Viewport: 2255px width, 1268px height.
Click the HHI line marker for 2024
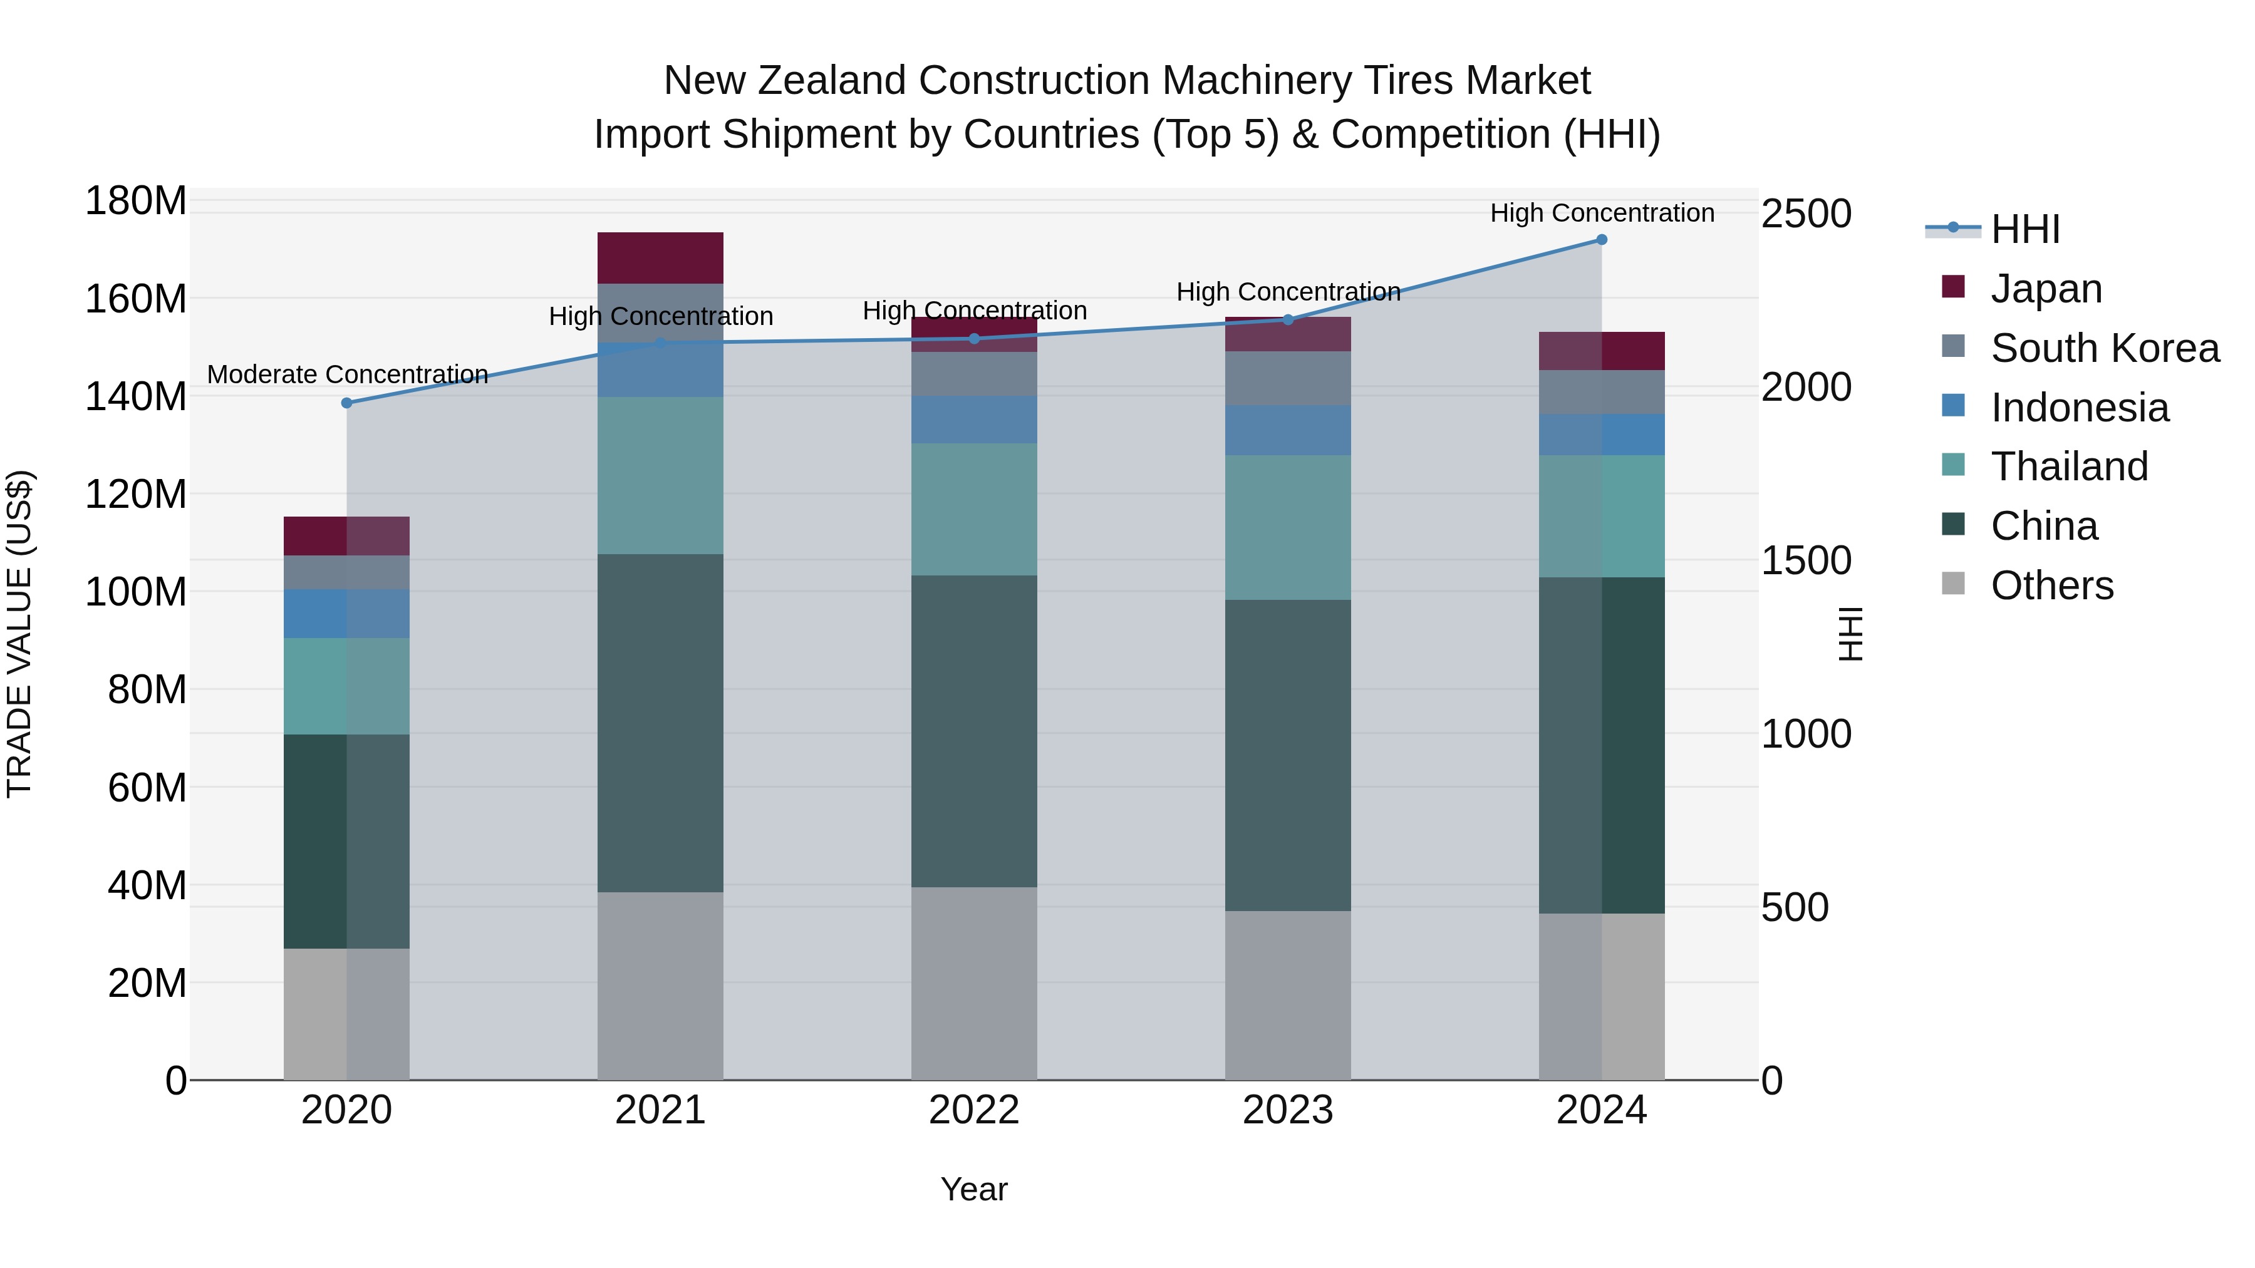point(1601,240)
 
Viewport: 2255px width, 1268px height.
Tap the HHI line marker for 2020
point(346,403)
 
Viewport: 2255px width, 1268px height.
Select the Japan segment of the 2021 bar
point(660,257)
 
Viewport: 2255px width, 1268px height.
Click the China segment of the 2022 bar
point(973,731)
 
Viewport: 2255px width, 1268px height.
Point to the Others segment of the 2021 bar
point(660,986)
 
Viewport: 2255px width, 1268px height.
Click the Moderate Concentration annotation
point(348,374)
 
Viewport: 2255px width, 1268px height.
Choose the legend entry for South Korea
point(2105,348)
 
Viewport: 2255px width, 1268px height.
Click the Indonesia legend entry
point(2079,408)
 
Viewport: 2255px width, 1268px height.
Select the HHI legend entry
point(2024,229)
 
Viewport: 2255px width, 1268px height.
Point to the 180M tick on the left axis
point(136,201)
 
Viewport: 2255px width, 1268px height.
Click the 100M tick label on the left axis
point(136,592)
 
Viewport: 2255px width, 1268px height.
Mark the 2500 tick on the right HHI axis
point(1806,214)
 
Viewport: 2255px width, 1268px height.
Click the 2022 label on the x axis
point(973,1110)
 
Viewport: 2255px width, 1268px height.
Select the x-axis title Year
point(973,1189)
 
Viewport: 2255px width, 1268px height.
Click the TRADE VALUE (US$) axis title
point(19,634)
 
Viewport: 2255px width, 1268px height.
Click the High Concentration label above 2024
point(1601,213)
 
